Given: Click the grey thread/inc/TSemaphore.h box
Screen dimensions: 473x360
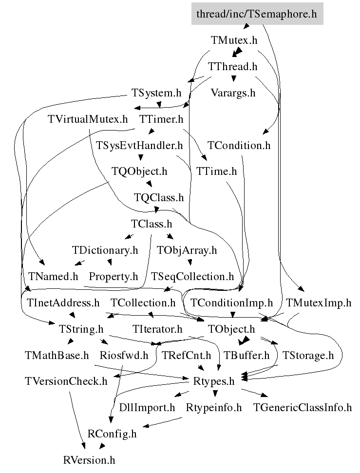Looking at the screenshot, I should click(x=256, y=14).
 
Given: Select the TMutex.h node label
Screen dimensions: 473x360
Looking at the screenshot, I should click(x=234, y=40).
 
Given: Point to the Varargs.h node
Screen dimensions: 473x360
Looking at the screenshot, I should click(x=233, y=93).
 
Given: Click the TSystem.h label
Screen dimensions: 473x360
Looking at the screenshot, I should click(x=156, y=93).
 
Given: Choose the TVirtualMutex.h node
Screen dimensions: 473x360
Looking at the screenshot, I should click(x=88, y=119).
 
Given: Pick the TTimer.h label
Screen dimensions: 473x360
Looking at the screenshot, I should click(x=161, y=119).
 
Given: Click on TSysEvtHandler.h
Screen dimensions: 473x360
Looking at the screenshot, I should click(x=139, y=145).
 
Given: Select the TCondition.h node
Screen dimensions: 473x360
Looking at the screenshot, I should click(x=239, y=145).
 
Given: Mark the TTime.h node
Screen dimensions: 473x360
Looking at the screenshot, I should click(x=216, y=171).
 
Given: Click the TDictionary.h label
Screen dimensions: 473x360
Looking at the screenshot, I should click(x=105, y=250).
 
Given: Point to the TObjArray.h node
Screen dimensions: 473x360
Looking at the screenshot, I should click(x=187, y=250).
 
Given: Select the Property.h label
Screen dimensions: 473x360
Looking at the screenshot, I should click(x=114, y=277).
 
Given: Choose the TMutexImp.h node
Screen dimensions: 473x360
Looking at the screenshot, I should click(x=319, y=303).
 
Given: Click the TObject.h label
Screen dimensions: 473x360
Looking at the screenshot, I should click(x=231, y=329).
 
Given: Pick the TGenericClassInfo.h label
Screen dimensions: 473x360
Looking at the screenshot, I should click(x=303, y=408).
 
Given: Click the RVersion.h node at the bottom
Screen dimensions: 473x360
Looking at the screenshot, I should click(x=89, y=460).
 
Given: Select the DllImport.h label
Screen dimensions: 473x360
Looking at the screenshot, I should click(x=147, y=408).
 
